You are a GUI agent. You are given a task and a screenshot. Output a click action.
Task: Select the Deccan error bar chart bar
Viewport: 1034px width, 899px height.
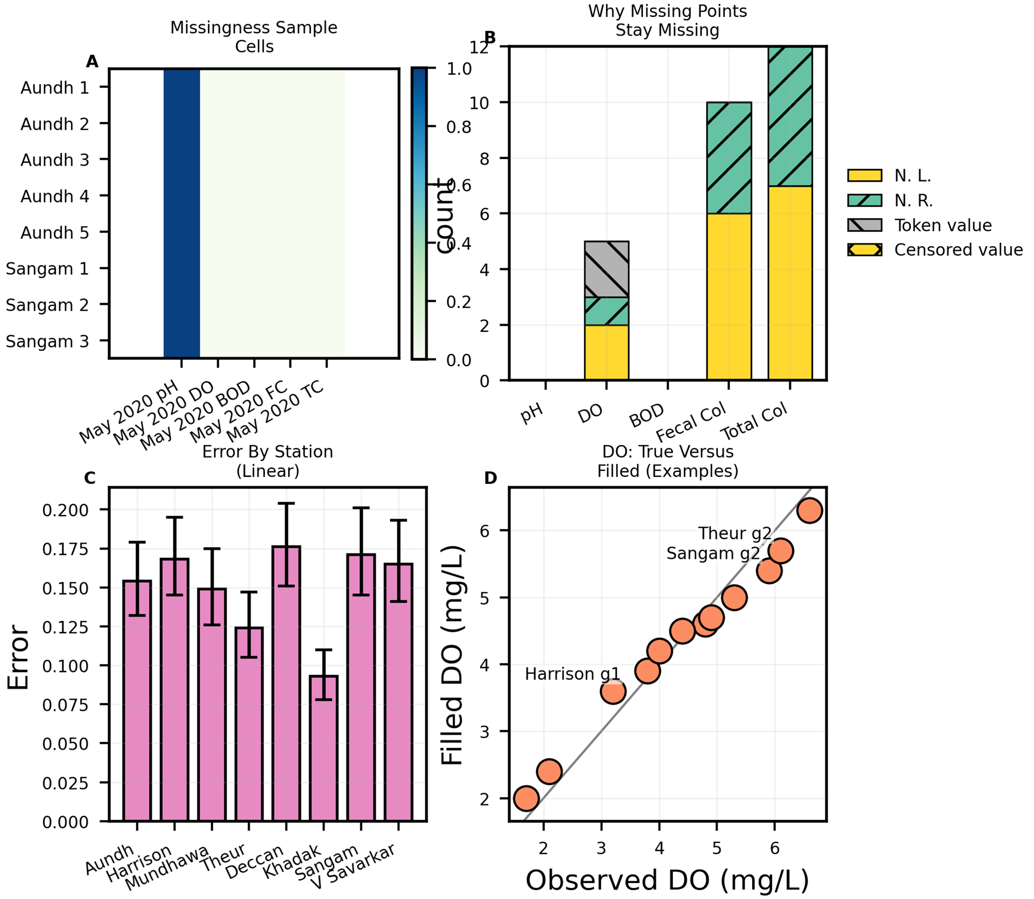pos(286,684)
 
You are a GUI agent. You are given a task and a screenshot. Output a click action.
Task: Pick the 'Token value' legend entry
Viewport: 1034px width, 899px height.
pos(942,225)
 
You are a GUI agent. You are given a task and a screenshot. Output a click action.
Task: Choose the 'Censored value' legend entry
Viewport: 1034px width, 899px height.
pos(958,250)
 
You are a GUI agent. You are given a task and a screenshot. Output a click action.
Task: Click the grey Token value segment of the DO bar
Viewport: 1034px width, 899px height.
pos(606,269)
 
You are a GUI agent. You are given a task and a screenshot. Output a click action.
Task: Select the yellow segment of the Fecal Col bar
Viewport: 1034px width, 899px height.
pos(729,296)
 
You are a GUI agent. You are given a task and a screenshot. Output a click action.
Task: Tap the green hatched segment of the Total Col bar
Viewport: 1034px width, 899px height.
pos(790,116)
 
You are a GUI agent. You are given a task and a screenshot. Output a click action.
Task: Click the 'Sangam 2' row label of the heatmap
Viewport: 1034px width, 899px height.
pos(47,305)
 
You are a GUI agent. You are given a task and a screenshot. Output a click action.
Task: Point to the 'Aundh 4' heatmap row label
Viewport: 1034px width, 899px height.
pos(55,196)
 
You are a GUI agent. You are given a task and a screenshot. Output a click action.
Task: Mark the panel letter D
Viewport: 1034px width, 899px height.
pos(490,478)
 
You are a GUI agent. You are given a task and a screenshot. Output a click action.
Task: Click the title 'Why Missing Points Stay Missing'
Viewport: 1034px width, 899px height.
pos(667,20)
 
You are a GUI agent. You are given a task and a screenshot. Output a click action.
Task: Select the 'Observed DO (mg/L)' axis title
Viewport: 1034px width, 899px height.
pos(667,880)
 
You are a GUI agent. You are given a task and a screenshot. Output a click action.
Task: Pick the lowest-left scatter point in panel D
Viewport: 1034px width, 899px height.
pos(526,798)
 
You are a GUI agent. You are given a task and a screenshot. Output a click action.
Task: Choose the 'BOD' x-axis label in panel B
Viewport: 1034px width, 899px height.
pos(647,416)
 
